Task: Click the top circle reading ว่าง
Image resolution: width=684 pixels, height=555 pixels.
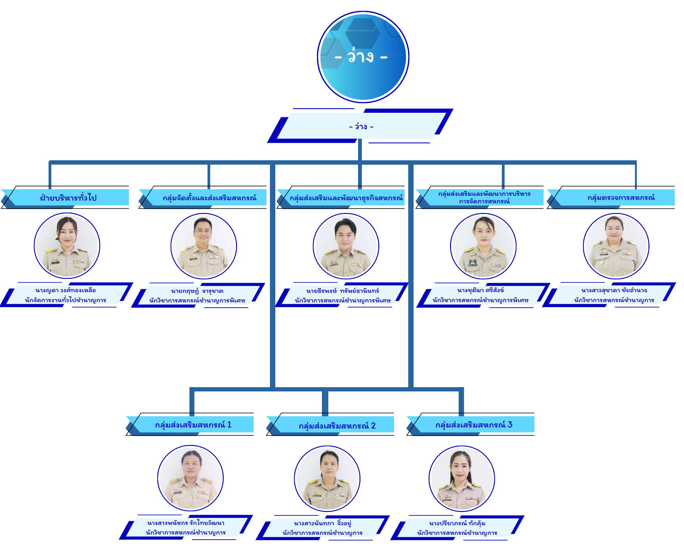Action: point(363,57)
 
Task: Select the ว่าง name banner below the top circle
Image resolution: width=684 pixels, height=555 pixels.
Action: point(360,126)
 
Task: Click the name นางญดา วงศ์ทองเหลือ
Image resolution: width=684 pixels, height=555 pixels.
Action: point(65,290)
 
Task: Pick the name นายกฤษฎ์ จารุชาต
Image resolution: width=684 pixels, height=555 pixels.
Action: point(197,291)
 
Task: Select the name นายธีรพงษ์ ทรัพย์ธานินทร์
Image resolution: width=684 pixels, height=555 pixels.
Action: point(343,291)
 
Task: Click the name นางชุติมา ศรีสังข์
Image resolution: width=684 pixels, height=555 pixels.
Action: point(481,290)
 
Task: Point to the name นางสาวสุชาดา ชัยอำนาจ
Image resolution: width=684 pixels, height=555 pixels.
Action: point(614,290)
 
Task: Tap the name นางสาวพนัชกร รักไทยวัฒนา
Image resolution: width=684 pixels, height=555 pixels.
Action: point(186,523)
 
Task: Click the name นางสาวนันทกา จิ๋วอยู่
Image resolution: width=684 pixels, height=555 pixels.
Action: point(323,523)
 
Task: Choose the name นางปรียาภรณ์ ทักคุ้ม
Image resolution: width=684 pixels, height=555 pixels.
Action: point(457,523)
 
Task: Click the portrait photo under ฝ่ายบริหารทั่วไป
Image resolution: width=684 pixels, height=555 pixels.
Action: point(67,246)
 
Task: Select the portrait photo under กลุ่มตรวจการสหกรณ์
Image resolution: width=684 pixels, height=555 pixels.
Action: point(616,246)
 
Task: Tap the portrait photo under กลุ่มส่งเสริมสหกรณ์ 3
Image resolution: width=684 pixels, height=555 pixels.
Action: point(462,478)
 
